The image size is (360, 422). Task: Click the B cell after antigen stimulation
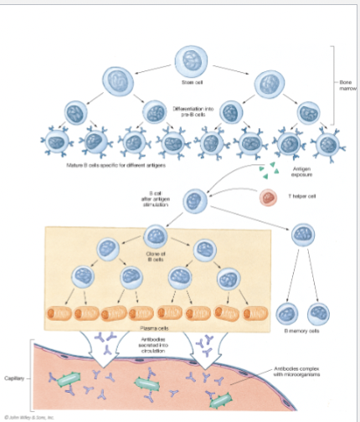point(195,201)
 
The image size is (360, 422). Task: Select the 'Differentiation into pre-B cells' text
point(192,111)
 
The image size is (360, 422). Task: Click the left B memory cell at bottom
point(284,313)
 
